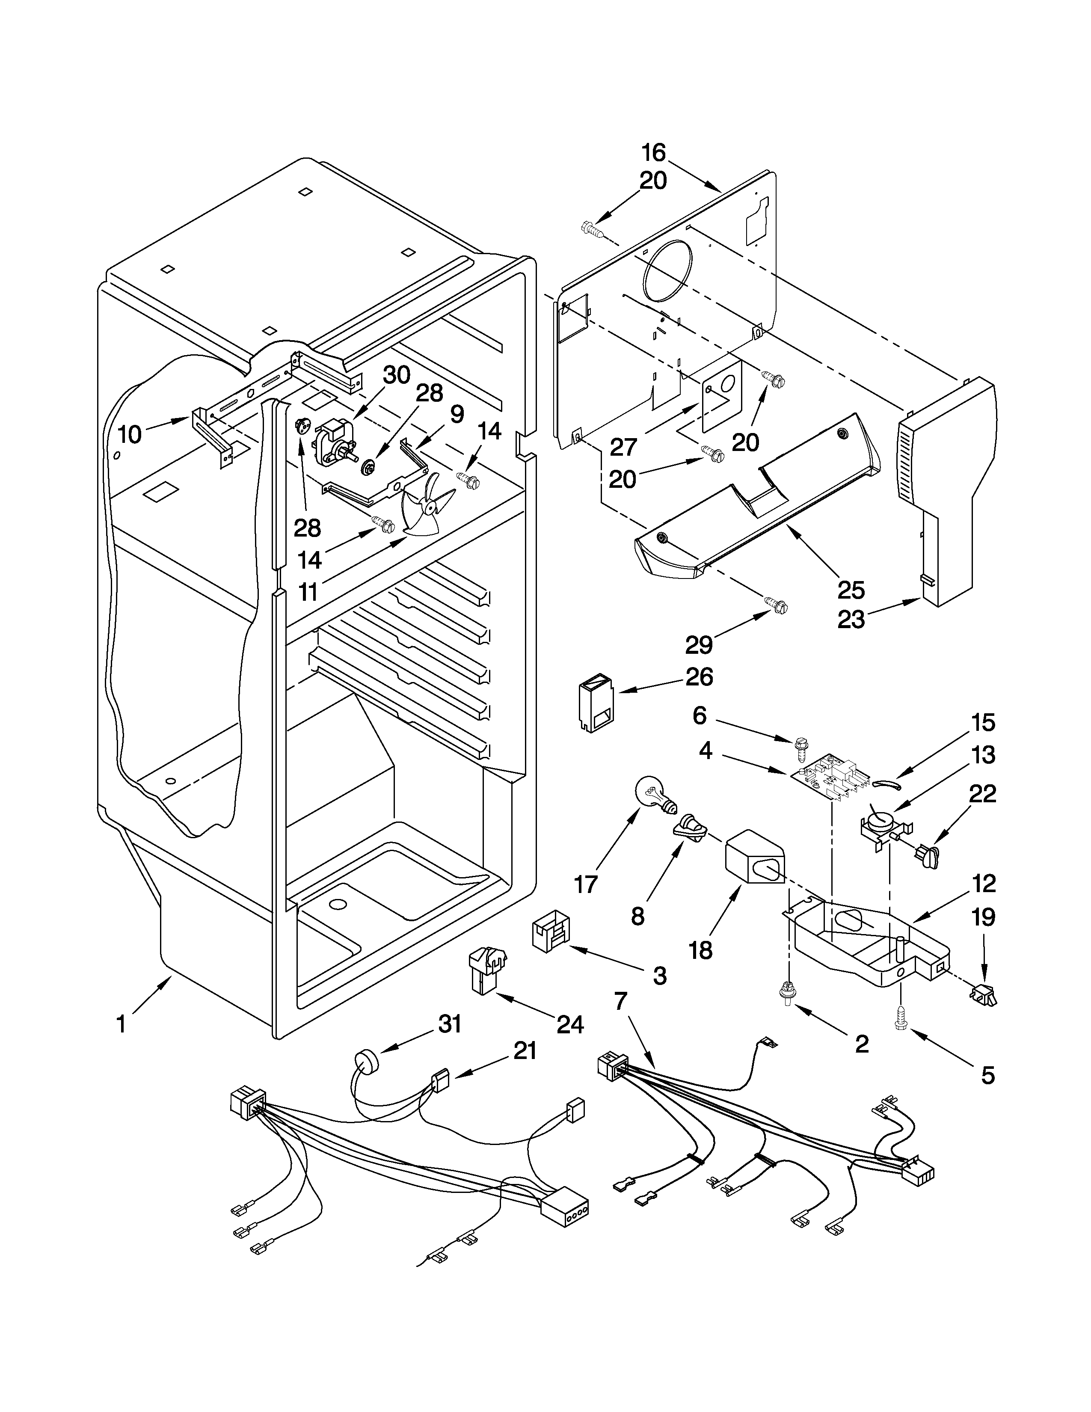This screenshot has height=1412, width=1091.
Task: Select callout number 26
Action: (699, 677)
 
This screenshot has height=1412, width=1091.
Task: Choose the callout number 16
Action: (653, 153)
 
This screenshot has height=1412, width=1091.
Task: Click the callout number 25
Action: (851, 590)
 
